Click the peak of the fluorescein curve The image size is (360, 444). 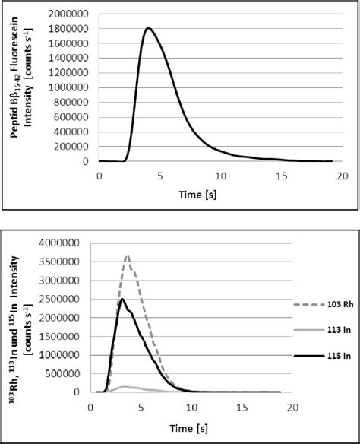pos(148,29)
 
